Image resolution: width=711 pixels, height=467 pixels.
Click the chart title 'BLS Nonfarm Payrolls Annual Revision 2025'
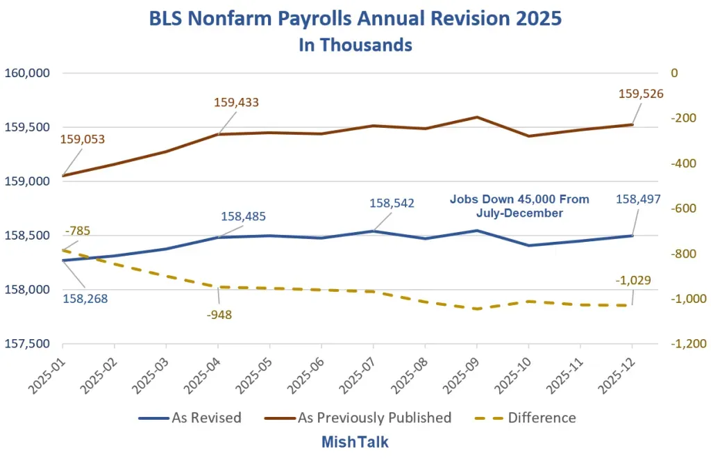tap(355, 19)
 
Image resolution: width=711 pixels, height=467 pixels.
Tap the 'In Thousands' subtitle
tap(355, 45)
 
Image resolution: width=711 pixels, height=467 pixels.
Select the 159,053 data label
tap(83, 139)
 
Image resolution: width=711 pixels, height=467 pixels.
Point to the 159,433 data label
tap(236, 102)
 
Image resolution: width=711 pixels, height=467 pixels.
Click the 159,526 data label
tap(641, 94)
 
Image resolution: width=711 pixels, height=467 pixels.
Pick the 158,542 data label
tap(392, 203)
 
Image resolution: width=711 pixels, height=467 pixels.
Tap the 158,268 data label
tap(85, 299)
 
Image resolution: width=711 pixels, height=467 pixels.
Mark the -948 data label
tap(219, 315)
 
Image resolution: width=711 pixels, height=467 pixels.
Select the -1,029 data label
tap(633, 280)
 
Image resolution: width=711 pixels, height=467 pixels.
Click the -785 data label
tap(78, 231)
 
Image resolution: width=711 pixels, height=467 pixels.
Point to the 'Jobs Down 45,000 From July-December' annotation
tap(519, 206)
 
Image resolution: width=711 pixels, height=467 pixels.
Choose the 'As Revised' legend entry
tap(190, 418)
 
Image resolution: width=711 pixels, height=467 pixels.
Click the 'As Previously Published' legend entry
tap(358, 418)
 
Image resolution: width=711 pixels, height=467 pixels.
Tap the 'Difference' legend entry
tap(526, 418)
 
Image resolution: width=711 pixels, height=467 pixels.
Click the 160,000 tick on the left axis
tap(27, 72)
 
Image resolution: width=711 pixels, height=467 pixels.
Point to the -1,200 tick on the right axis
tap(689, 343)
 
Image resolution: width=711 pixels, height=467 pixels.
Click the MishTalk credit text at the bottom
tap(355, 441)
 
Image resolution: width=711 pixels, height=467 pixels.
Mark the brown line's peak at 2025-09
tap(477, 117)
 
